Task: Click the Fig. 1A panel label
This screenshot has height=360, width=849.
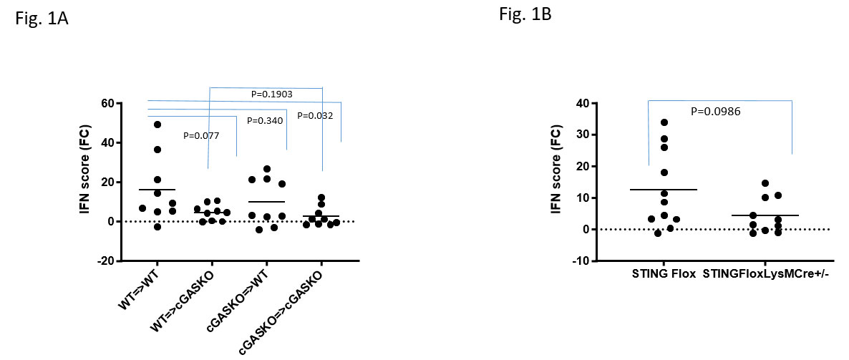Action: click(42, 19)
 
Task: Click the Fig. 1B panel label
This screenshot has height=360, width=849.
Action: click(525, 14)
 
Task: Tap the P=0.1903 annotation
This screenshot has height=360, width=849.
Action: click(272, 94)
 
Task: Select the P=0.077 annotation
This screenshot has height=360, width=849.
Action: click(201, 135)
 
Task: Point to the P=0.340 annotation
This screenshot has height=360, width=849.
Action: click(264, 120)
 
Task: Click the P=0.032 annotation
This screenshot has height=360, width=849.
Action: click(314, 115)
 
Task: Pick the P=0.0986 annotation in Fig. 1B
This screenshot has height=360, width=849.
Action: click(716, 111)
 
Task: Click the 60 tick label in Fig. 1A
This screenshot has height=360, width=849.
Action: click(109, 104)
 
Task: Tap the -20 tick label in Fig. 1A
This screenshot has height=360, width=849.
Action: click(106, 261)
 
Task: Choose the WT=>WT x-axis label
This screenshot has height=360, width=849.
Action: click(140, 291)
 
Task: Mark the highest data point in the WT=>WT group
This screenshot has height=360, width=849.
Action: click(157, 125)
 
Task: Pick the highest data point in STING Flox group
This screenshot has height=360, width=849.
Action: click(664, 122)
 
